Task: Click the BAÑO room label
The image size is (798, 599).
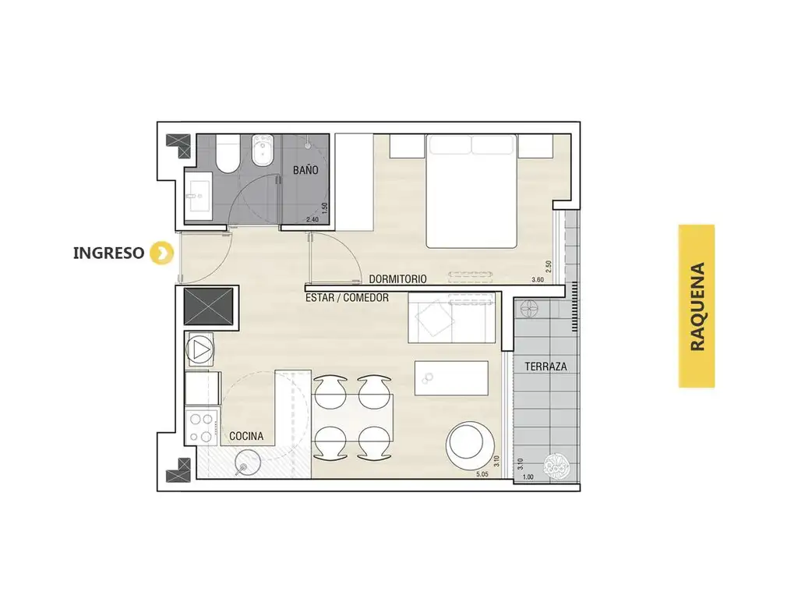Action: tap(305, 170)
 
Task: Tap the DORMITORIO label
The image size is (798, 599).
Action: tap(397, 279)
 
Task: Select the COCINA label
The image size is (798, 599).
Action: tap(246, 436)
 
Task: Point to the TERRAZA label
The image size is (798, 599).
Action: tap(546, 367)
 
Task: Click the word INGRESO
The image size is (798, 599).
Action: tap(108, 253)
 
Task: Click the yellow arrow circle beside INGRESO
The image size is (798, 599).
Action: tap(161, 253)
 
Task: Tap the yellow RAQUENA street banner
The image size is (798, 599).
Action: tap(696, 306)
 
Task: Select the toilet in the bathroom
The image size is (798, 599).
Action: tap(227, 154)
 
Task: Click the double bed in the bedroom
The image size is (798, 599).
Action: tap(471, 191)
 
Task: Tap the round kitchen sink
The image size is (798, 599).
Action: tap(248, 463)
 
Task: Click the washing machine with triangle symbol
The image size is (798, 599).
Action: tap(200, 350)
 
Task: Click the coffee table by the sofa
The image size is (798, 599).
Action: tap(451, 378)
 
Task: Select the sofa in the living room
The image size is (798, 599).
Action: tap(451, 318)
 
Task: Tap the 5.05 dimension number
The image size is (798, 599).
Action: tap(482, 474)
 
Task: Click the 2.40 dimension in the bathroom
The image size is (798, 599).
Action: tap(312, 220)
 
